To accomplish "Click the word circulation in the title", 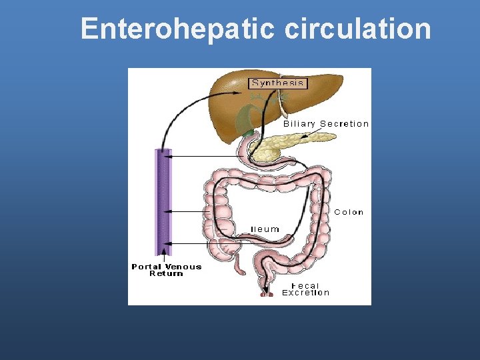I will pos(357,29).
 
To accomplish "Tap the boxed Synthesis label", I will pos(277,83).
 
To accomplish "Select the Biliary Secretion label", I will pos(326,123).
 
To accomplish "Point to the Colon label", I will pos(349,212).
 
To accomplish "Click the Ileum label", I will pos(265,229).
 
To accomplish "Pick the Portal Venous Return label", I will pos(166,269).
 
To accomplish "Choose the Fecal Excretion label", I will pos(306,289).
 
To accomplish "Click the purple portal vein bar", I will pos(163,200).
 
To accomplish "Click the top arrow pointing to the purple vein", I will pos(200,157).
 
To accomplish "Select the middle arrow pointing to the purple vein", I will pos(190,211).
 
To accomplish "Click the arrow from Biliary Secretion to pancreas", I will pos(308,134).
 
